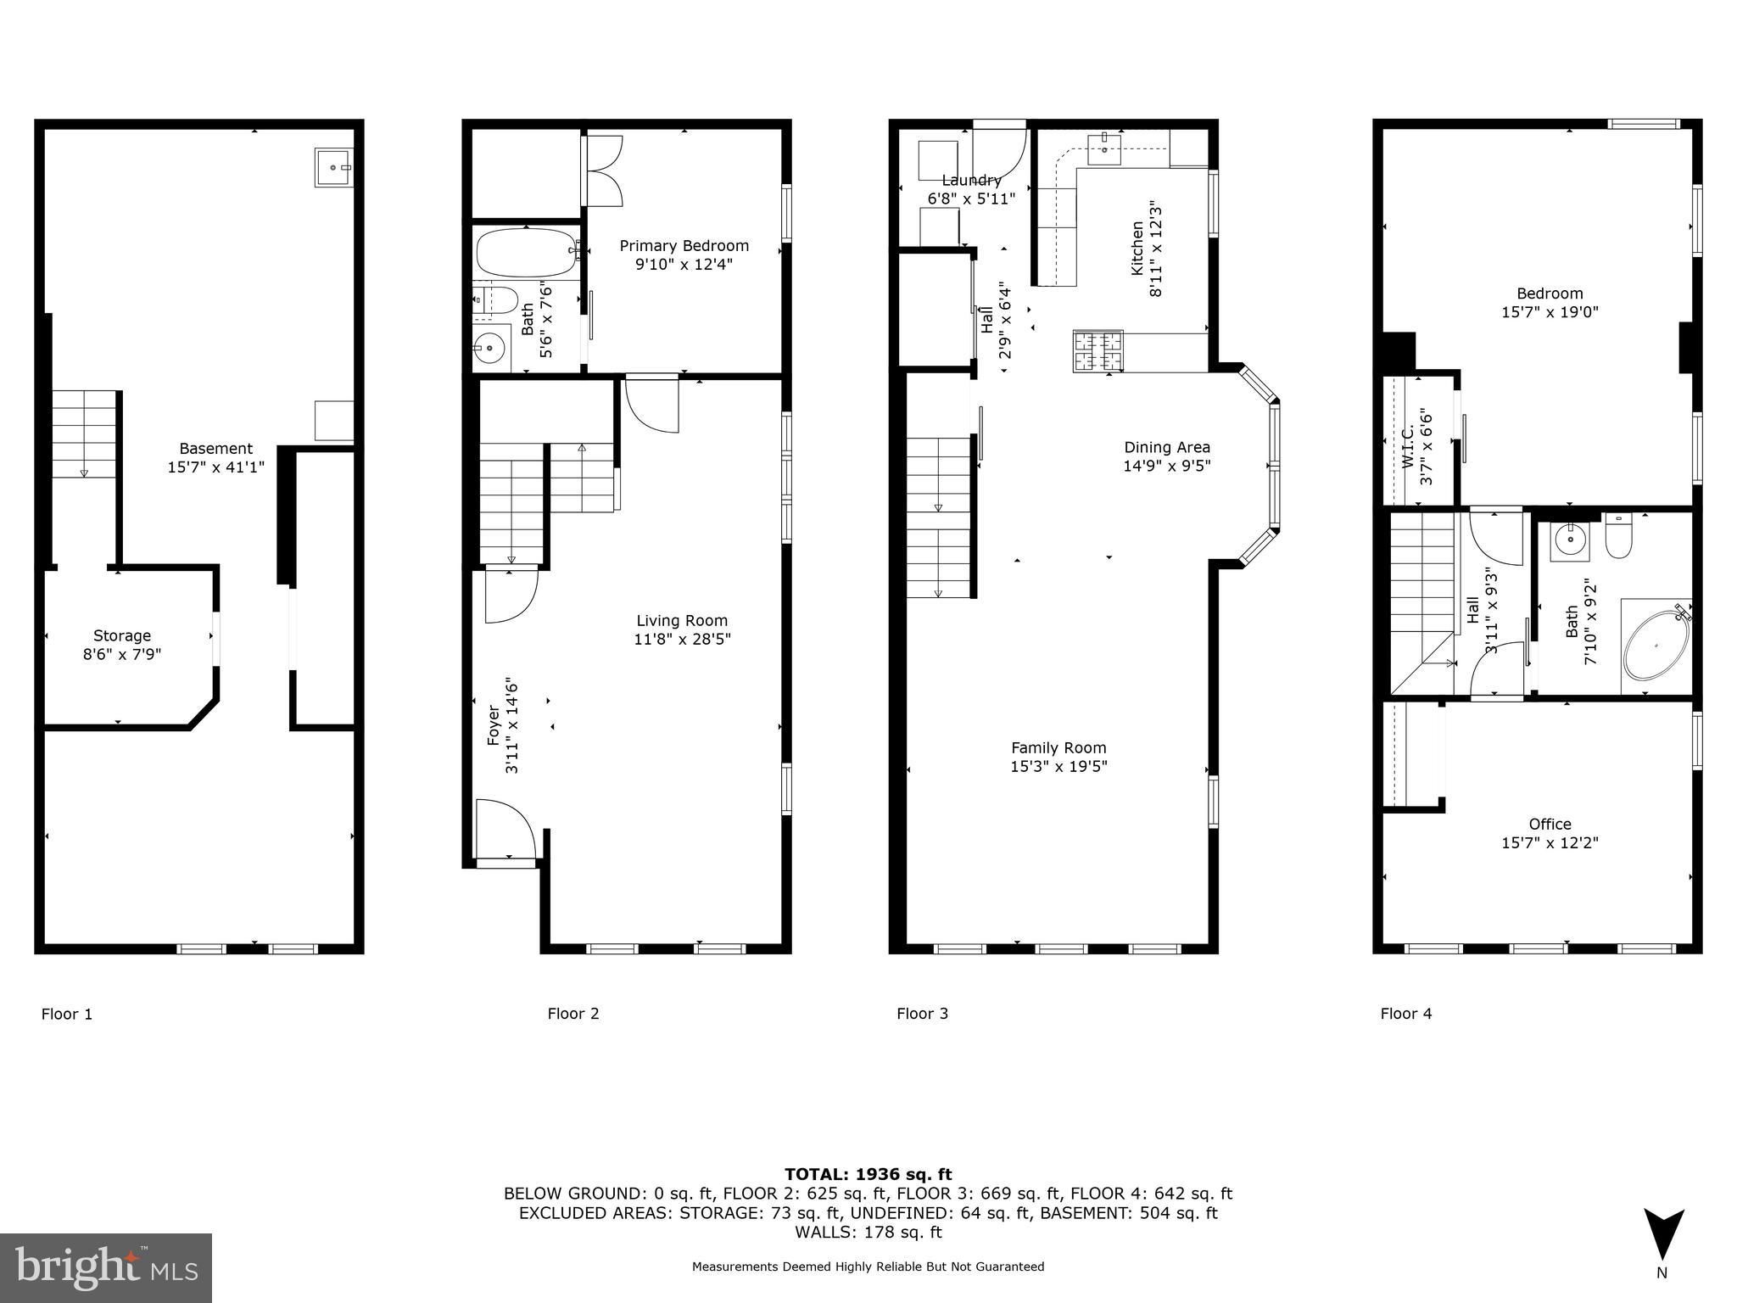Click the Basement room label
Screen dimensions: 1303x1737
point(215,449)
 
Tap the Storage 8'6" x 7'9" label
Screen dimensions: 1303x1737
point(122,645)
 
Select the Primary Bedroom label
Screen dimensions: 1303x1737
point(684,246)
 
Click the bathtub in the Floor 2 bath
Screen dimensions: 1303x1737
point(526,253)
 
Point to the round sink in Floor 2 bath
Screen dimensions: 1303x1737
point(489,347)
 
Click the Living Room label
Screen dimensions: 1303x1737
point(682,621)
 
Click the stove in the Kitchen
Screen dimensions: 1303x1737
point(1097,351)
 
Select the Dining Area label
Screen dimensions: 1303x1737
point(1167,447)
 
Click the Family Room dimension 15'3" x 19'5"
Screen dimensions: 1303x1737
point(1058,766)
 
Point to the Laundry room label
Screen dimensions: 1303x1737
point(971,181)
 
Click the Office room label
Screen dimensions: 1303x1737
point(1550,824)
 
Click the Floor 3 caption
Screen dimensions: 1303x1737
point(922,1014)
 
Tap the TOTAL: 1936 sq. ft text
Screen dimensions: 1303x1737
point(868,1174)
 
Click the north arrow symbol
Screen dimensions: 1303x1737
point(1663,1235)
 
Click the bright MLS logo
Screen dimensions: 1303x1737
point(106,1267)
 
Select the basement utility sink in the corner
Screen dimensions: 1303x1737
point(334,167)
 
